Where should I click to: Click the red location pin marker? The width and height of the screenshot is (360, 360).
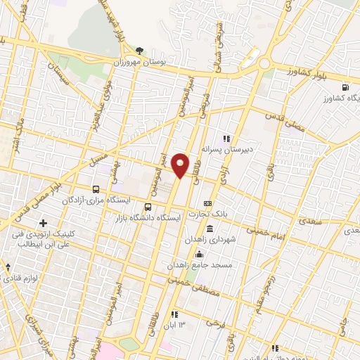(x=181, y=165)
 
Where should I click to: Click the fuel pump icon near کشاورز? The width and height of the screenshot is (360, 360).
(x=344, y=87)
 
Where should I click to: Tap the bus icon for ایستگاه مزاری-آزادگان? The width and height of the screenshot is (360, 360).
(x=96, y=188)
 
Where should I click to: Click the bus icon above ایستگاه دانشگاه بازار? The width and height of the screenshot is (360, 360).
(x=148, y=207)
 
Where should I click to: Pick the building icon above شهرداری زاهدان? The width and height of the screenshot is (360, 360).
(x=210, y=229)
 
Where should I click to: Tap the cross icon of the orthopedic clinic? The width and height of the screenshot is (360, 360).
(x=44, y=223)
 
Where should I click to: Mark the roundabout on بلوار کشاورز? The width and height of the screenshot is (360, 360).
(x=266, y=64)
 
